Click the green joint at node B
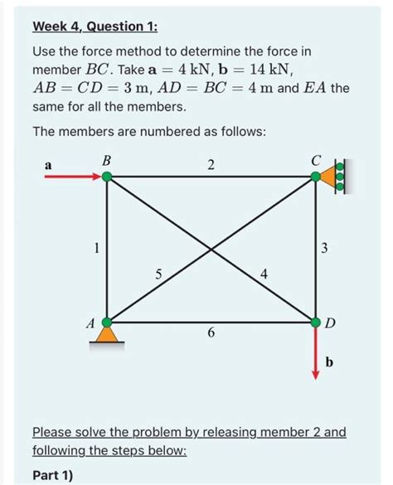tap(107, 177)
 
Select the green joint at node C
tap(315, 177)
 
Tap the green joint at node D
tap(315, 321)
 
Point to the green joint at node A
tap(107, 321)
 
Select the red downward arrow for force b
tap(315, 352)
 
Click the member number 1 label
tap(97, 247)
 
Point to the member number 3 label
tap(326, 247)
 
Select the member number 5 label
tap(159, 274)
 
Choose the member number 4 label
tap(264, 274)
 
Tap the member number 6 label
tap(211, 333)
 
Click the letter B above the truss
tap(105, 158)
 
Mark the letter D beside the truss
tap(330, 322)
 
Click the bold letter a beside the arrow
tap(47, 166)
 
